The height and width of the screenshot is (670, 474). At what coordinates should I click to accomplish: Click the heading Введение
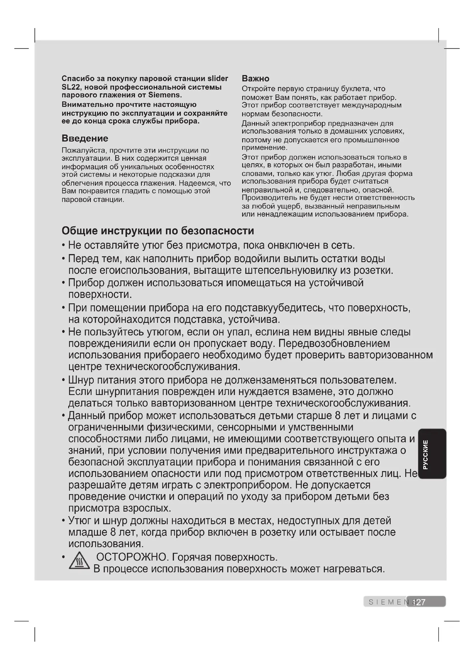pyautogui.click(x=85, y=138)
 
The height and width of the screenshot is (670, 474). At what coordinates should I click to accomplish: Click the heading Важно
pyautogui.click(x=255, y=78)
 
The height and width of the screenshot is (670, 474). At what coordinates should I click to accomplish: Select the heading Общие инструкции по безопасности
pyautogui.click(x=158, y=231)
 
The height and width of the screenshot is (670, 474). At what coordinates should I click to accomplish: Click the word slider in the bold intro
pyautogui.click(x=218, y=78)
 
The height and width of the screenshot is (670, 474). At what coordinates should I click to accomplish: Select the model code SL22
pyautogui.click(x=70, y=87)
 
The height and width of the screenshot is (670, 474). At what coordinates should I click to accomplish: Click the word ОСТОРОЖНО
pyautogui.click(x=131, y=557)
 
